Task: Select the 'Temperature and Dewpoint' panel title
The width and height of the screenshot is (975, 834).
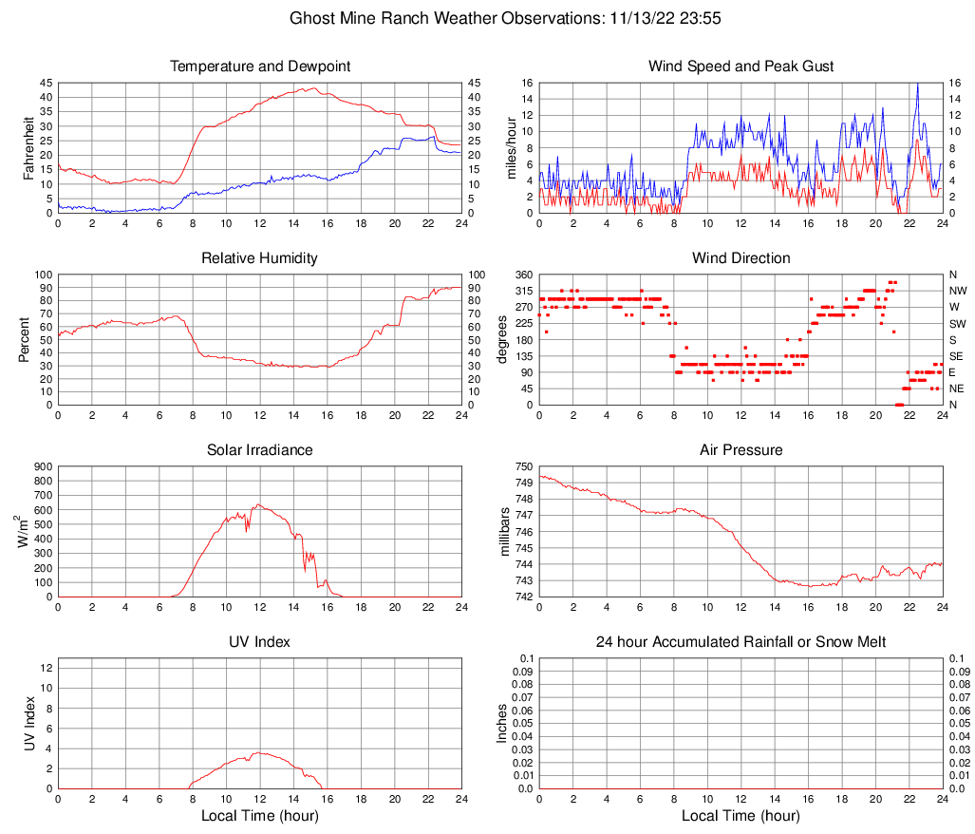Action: click(260, 66)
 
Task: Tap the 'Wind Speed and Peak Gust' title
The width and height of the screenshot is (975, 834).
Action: click(741, 66)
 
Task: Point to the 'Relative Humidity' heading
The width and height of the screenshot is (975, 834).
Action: click(260, 258)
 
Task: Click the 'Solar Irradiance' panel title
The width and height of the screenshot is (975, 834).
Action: click(260, 450)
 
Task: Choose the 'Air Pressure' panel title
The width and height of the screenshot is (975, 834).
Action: click(741, 450)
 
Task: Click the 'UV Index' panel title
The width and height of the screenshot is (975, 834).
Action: click(260, 642)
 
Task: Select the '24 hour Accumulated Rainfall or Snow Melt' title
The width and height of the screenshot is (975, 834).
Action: click(741, 642)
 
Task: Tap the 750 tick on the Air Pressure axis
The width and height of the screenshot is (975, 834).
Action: click(524, 466)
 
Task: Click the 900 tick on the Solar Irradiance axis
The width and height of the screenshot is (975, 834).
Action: click(44, 466)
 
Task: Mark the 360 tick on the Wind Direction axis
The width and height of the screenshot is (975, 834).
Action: click(524, 275)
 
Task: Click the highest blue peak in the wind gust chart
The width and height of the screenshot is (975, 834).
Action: click(917, 84)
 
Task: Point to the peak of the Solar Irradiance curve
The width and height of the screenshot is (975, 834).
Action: click(258, 504)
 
